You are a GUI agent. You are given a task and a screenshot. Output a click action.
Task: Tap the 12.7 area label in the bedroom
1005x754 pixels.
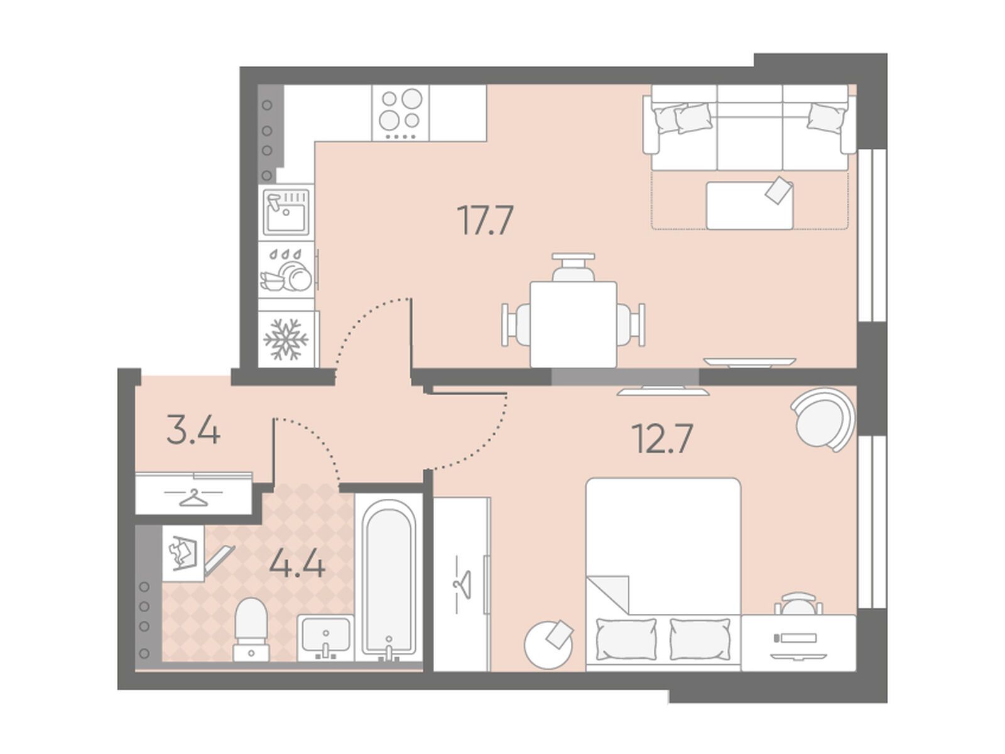point(662,438)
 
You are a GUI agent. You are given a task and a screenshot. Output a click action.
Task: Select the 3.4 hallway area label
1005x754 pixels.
point(193,429)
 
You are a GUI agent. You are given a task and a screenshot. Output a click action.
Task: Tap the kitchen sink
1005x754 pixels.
point(286,213)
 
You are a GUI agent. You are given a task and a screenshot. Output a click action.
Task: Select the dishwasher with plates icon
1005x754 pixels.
point(286,270)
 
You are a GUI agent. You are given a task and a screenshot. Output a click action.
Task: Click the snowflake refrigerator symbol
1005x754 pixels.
point(286,339)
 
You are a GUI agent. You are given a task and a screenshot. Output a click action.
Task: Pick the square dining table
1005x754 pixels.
point(573,324)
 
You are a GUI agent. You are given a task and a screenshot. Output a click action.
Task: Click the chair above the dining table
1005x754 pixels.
point(573,267)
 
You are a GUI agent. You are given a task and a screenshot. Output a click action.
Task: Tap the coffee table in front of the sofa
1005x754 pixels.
point(749,205)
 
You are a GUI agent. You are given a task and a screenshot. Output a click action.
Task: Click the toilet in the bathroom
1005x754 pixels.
point(251,629)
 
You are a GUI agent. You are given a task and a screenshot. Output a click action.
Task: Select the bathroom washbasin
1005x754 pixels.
point(325,638)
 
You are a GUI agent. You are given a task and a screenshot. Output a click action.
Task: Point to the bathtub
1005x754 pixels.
point(389,579)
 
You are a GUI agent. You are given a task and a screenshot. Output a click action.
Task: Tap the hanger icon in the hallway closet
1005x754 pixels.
point(193,497)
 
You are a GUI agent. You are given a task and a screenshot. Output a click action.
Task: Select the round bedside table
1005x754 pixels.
point(548,644)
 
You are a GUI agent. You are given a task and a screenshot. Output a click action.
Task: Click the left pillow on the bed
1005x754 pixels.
point(626,639)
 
